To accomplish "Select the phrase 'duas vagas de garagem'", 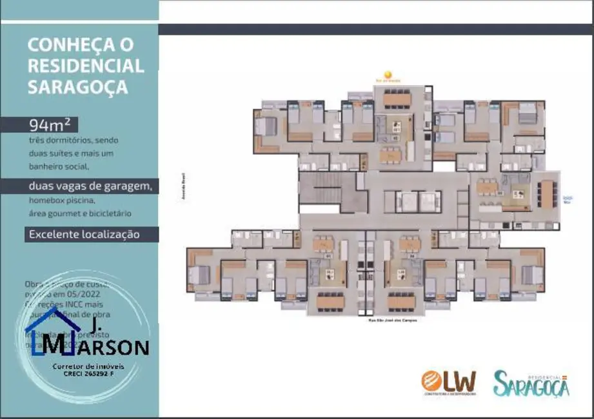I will pyautogui.click(x=90, y=187).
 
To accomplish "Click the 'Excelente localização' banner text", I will pyautogui.click(x=84, y=234).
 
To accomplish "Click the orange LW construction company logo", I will pyautogui.click(x=449, y=381).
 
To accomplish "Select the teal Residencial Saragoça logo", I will pyautogui.click(x=531, y=384).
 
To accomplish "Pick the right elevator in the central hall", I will pyautogui.click(x=430, y=201).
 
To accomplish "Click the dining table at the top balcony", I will pyautogui.click(x=397, y=99).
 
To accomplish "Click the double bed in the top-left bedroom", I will pyautogui.click(x=265, y=126).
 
